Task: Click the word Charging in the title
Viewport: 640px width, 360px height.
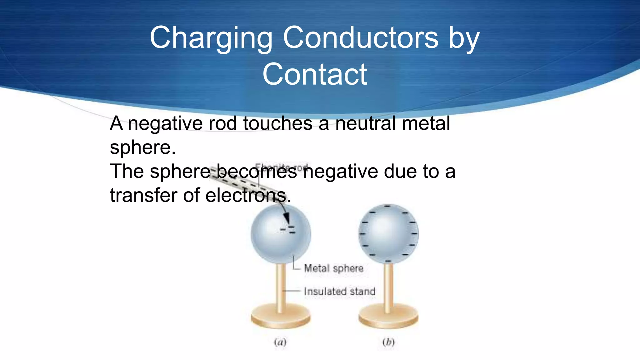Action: pyautogui.click(x=211, y=38)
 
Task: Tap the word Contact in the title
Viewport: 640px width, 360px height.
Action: pyautogui.click(x=315, y=74)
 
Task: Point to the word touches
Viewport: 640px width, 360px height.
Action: pyautogui.click(x=277, y=123)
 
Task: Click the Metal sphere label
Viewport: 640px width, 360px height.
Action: pyautogui.click(x=333, y=268)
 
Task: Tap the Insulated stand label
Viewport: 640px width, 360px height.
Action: pyautogui.click(x=339, y=292)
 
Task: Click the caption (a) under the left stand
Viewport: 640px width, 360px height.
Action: pyautogui.click(x=280, y=342)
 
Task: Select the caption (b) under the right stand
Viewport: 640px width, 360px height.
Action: pyautogui.click(x=388, y=342)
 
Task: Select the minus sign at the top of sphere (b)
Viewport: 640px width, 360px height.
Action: pyautogui.click(x=387, y=206)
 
